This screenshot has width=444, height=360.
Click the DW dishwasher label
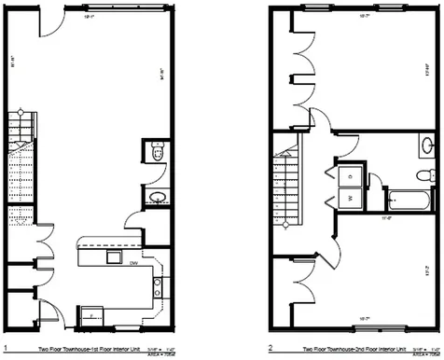point(134,264)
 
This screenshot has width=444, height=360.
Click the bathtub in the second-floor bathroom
point(409,198)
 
